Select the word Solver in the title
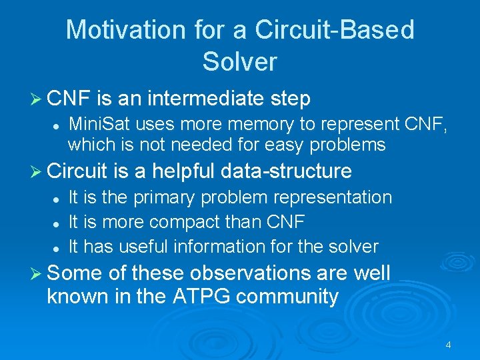[x=239, y=62]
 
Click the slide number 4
[x=448, y=345]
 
